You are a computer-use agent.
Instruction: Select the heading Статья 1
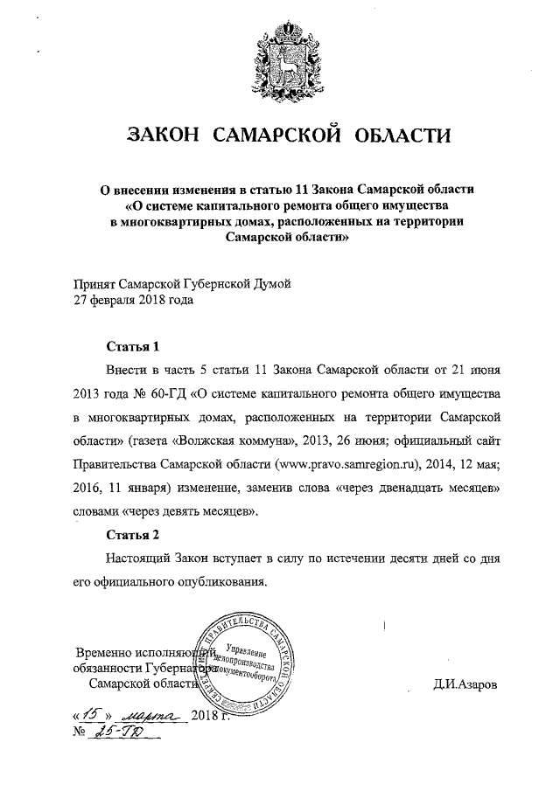coord(132,345)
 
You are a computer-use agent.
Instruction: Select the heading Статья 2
coord(132,533)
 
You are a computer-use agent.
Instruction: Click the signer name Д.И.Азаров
coord(463,683)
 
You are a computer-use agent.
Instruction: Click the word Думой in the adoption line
coord(269,282)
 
